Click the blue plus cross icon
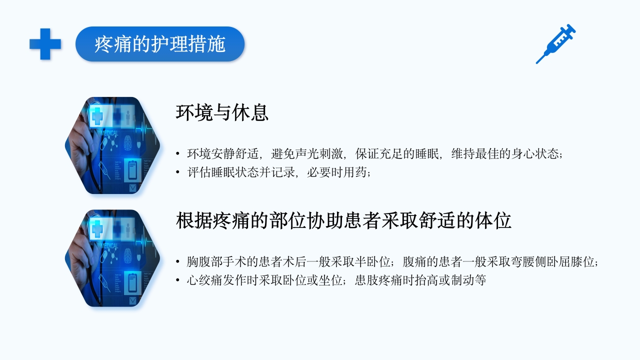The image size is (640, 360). [x=45, y=44]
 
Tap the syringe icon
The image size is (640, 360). [x=555, y=44]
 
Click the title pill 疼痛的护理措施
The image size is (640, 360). [x=160, y=44]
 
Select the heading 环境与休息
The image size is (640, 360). [x=222, y=112]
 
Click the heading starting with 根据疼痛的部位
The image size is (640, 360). [x=343, y=220]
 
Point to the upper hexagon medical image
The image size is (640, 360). [x=112, y=145]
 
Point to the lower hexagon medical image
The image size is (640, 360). [x=112, y=258]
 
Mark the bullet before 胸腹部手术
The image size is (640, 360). [x=177, y=261]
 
